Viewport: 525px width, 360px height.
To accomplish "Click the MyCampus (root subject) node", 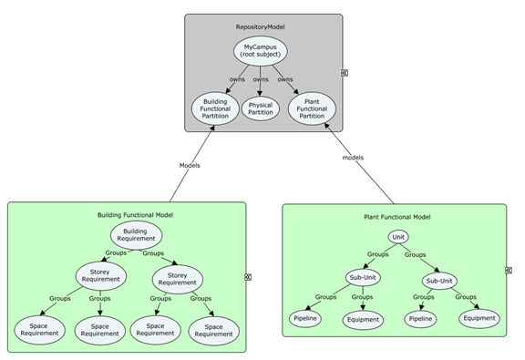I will pyautogui.click(x=260, y=49).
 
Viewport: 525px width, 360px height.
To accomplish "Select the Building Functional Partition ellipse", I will pyautogui.click(x=216, y=109).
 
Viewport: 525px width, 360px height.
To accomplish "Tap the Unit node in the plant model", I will pyautogui.click(x=397, y=237).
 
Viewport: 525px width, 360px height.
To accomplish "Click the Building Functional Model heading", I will pyautogui.click(x=135, y=215).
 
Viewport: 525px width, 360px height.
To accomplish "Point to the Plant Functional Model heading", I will pyautogui.click(x=396, y=217).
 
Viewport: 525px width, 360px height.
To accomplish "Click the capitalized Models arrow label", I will pyautogui.click(x=190, y=165).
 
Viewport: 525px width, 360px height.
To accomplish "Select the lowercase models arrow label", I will pyautogui.click(x=352, y=158).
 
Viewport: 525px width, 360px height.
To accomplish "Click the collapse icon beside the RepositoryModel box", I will pyautogui.click(x=345, y=72).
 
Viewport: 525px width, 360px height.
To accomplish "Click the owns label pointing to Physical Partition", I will pyautogui.click(x=261, y=79).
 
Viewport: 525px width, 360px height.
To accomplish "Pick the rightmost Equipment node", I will pyautogui.click(x=479, y=318).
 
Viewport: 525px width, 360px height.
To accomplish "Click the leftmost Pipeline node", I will pyautogui.click(x=305, y=319).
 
